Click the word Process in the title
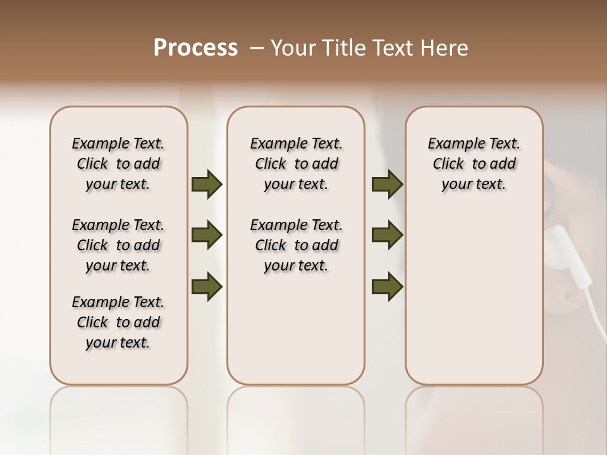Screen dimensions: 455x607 click(195, 47)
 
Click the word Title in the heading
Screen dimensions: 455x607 click(344, 48)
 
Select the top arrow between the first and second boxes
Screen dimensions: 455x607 click(207, 185)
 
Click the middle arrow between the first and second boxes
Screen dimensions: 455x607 click(207, 235)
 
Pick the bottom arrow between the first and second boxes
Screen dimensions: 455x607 click(207, 286)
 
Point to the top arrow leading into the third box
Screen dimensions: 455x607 click(387, 185)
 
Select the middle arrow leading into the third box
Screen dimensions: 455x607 click(387, 235)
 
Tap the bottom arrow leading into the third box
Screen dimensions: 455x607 click(387, 286)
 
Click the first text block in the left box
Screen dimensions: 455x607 click(118, 164)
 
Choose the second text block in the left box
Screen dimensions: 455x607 click(118, 245)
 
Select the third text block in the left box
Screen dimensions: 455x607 click(118, 322)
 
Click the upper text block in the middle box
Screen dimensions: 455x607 click(296, 164)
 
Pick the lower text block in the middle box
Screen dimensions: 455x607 click(296, 245)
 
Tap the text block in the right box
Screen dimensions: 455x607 click(474, 164)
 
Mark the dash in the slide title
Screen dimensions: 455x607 click(257, 48)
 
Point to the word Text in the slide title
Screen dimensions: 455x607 click(395, 48)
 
